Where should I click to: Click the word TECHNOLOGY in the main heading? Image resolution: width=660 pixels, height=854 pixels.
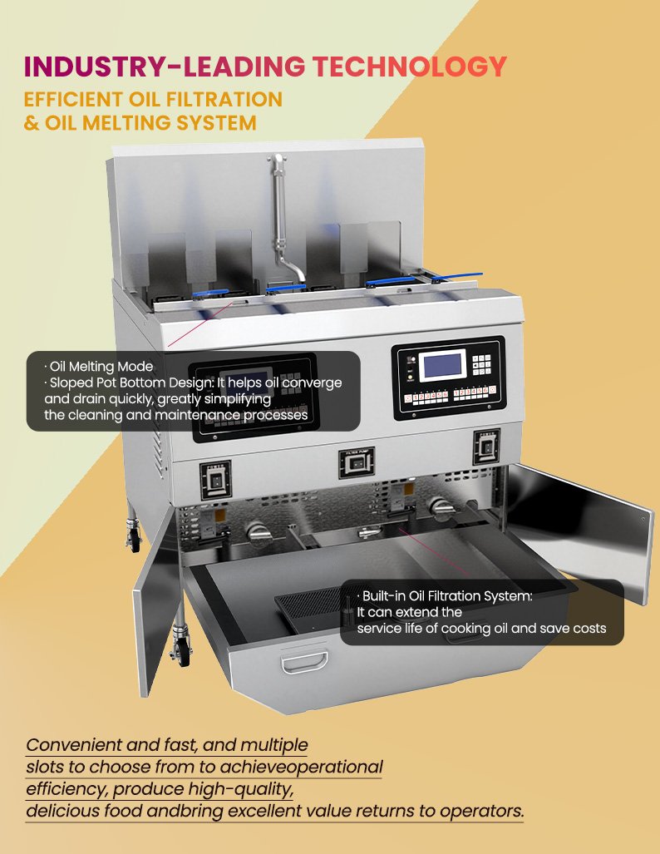point(410,67)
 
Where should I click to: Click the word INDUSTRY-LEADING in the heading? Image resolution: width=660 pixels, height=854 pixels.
point(165,67)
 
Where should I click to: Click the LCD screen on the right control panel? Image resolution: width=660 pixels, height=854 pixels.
point(442,367)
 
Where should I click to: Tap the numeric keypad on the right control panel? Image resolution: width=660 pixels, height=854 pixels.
point(481,364)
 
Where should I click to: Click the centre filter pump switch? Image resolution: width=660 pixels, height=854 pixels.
point(357,463)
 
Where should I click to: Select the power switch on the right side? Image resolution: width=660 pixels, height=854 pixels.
point(486,447)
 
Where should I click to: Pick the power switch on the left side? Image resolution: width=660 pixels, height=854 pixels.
point(216,481)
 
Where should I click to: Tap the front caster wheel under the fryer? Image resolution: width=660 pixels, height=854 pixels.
point(182,647)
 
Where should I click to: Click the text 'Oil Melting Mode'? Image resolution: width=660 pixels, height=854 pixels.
point(101,367)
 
